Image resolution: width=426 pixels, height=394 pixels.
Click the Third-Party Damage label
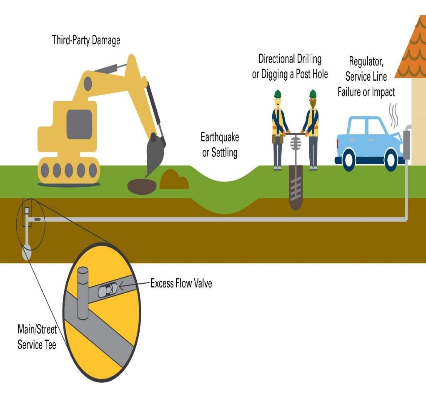(x=86, y=40)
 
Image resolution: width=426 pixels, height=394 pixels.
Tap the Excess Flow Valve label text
(x=181, y=284)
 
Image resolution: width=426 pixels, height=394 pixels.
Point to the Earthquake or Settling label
(x=220, y=145)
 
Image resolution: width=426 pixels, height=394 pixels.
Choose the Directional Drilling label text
(x=290, y=59)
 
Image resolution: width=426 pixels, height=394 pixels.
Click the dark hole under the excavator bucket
(x=142, y=186)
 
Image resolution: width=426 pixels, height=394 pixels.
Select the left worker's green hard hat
(x=278, y=94)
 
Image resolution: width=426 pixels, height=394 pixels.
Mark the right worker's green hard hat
(x=313, y=94)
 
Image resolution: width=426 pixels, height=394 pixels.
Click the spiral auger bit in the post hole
(x=296, y=189)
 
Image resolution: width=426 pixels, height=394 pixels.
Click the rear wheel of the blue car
(x=348, y=159)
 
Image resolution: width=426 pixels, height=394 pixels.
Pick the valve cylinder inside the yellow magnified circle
(x=106, y=290)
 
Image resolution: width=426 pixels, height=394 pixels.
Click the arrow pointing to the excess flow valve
(x=127, y=285)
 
